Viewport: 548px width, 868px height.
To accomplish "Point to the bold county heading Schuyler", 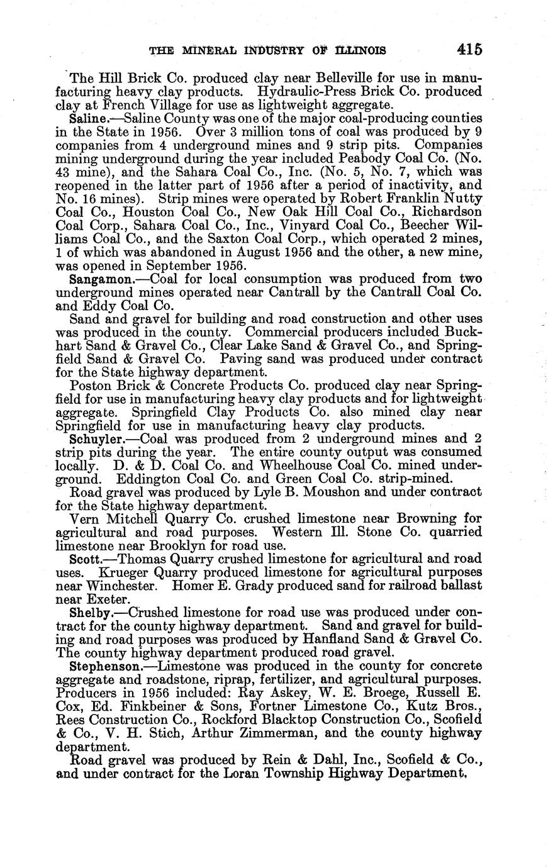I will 99,440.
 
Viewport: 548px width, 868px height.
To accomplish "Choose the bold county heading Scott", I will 85,559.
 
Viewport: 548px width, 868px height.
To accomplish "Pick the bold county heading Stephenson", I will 104,665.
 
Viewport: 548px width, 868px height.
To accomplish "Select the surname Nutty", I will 462,198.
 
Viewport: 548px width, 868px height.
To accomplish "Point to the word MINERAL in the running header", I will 201,50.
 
